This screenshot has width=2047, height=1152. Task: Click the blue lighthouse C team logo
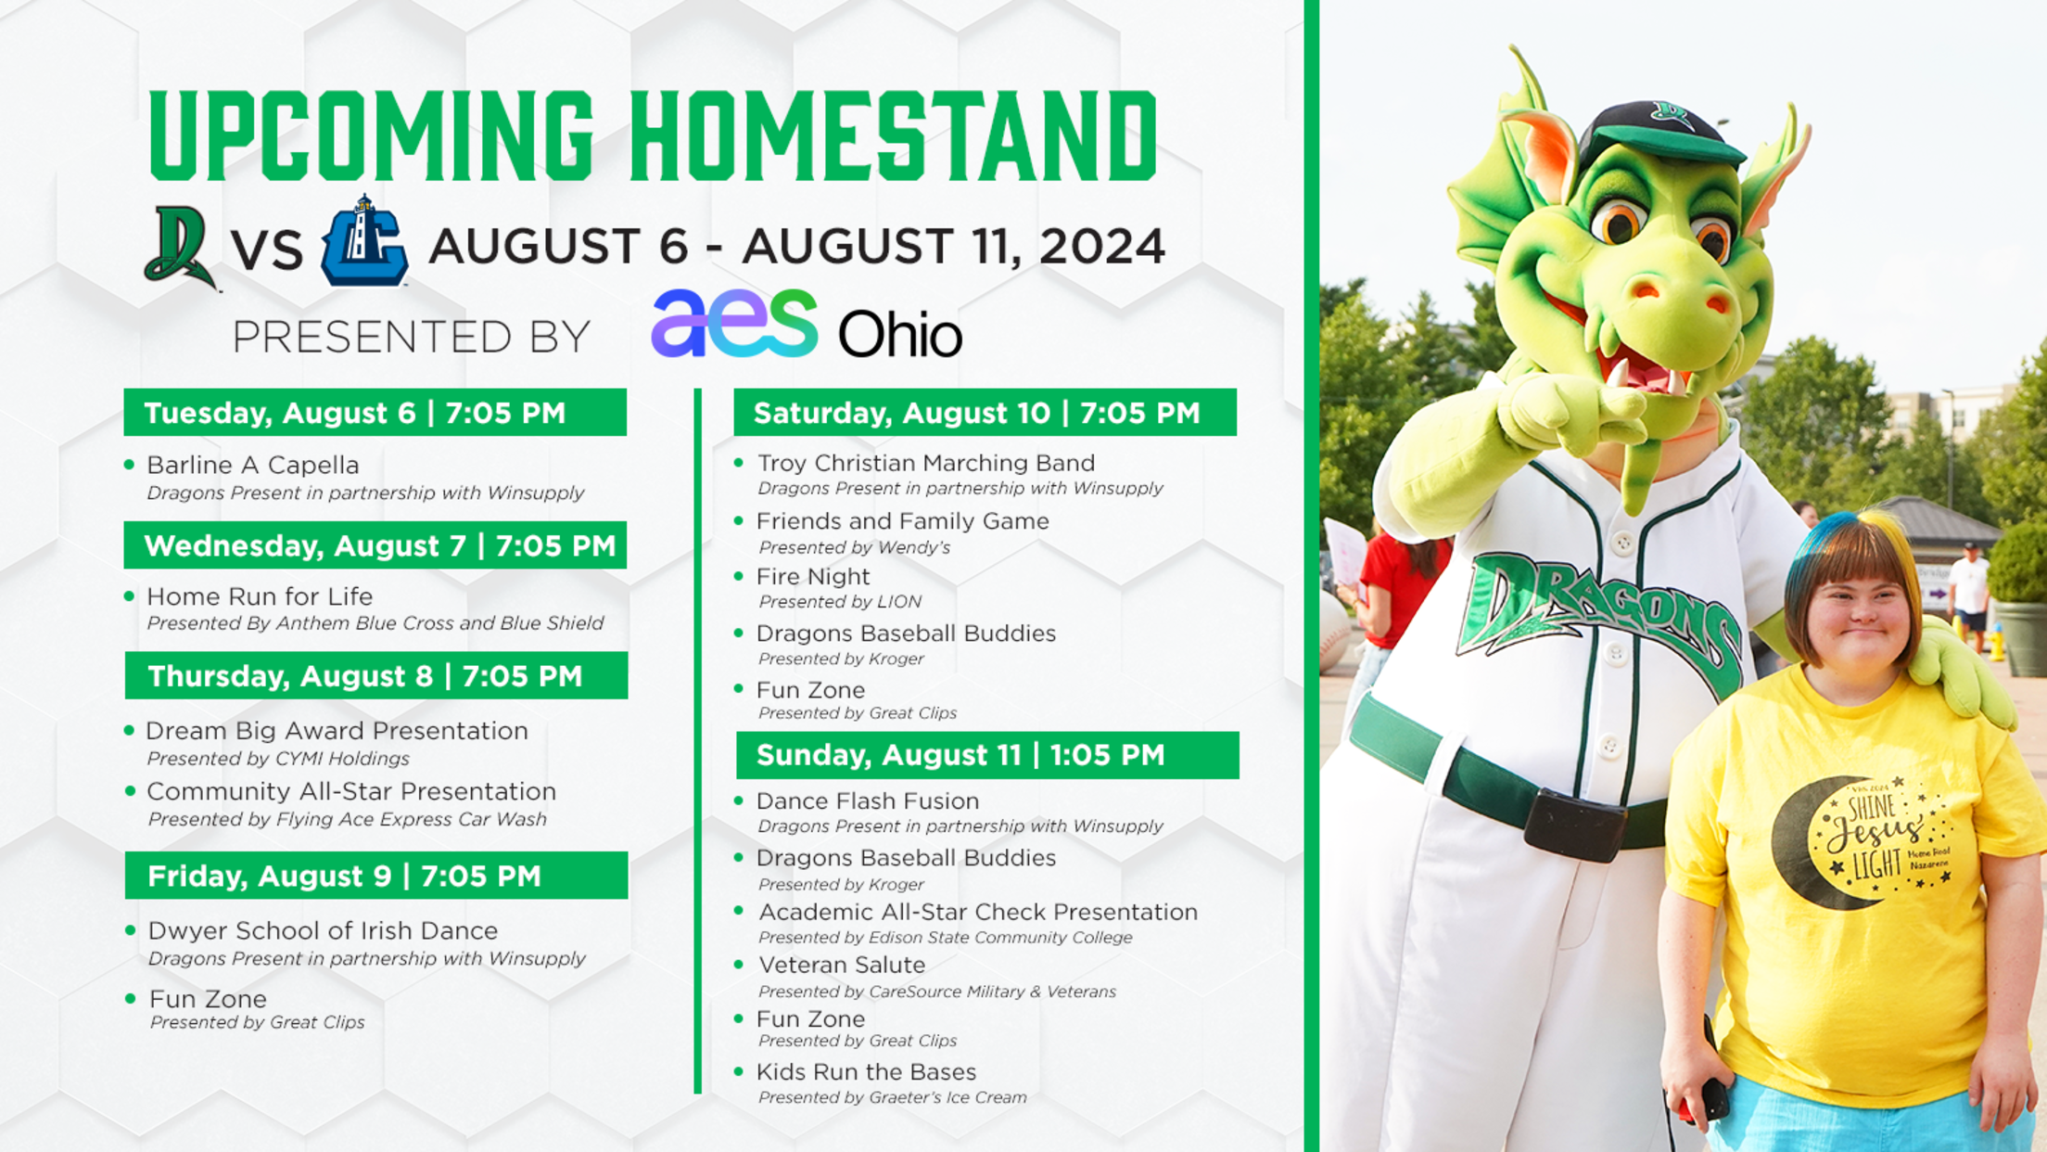pos(363,241)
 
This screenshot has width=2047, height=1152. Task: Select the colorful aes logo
pos(734,323)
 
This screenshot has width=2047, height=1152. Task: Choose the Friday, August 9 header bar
pos(376,876)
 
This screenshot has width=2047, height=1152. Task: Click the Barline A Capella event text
pos(252,465)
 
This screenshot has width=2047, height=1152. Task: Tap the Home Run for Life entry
pos(260,596)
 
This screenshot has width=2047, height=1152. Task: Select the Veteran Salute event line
pos(842,966)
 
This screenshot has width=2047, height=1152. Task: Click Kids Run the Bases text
pos(867,1072)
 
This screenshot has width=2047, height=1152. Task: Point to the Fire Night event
pos(813,577)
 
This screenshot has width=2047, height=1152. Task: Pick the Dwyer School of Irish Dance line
pos(323,930)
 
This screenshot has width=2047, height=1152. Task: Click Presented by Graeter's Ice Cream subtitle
pos(893,1097)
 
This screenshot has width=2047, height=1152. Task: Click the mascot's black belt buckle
pos(1573,823)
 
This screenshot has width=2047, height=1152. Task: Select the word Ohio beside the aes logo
pos(900,334)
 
